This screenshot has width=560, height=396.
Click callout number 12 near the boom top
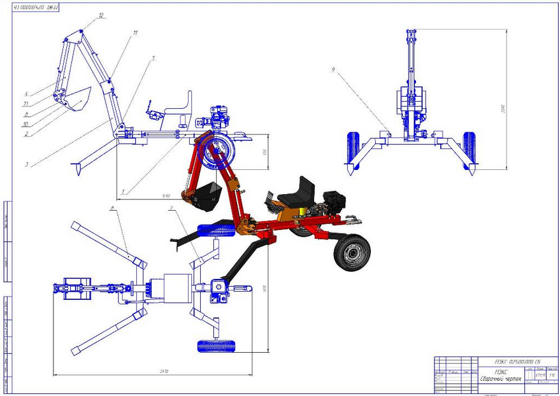pos(100,17)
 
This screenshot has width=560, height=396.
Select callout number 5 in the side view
pos(153,59)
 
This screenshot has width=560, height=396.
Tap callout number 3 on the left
pos(27,165)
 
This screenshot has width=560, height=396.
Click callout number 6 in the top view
pos(111,208)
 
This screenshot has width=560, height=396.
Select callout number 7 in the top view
pos(171,208)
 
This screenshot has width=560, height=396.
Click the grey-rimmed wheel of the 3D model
pos(351,252)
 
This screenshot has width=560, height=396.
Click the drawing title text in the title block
pos(503,379)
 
